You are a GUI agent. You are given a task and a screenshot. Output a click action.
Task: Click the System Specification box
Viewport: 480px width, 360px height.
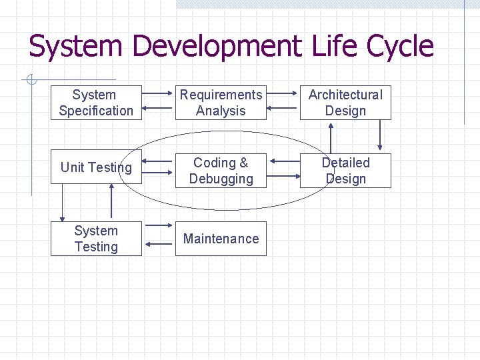(96, 103)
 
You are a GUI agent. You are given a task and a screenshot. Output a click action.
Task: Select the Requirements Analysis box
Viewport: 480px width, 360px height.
(221, 103)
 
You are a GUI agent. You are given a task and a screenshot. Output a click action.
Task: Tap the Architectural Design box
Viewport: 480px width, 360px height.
(345, 103)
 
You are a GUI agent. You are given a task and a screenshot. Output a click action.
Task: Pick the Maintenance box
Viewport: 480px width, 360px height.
(221, 239)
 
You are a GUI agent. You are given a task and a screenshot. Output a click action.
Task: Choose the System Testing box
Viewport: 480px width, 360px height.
(96, 239)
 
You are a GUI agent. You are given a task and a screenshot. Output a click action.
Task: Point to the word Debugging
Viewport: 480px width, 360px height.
(221, 179)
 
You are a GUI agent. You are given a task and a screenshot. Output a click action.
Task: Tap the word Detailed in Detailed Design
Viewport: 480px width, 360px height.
(345, 163)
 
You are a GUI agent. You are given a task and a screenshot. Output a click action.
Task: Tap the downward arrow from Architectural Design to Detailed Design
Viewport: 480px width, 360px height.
(381, 134)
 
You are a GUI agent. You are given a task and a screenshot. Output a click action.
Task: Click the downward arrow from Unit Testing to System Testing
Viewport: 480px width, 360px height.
(63, 204)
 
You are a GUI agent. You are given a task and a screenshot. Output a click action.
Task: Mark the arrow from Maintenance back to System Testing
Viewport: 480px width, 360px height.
(159, 245)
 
